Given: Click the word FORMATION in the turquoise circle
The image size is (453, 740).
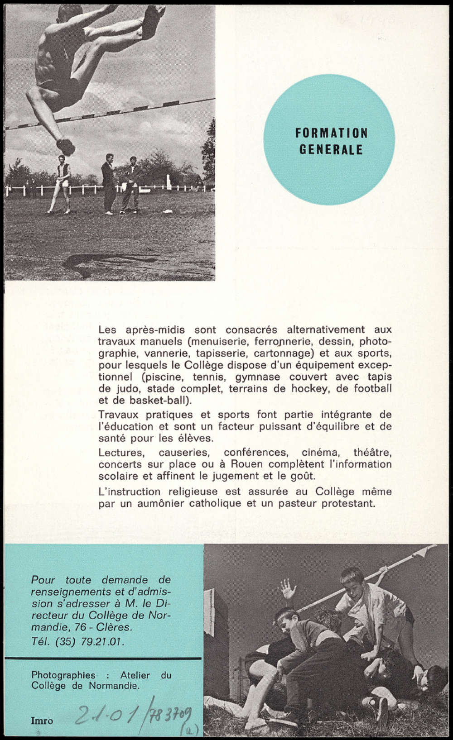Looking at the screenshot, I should click(x=331, y=133).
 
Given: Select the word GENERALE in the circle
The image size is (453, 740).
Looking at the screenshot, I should click(x=331, y=149).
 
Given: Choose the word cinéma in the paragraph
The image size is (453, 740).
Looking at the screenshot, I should click(x=320, y=452).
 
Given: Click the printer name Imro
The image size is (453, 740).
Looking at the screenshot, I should click(x=42, y=721).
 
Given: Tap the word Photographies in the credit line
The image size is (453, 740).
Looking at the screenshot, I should click(x=63, y=675).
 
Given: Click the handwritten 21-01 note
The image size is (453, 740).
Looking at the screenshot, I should click(x=106, y=716).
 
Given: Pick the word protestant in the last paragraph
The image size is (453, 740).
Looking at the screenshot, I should click(x=349, y=503).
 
